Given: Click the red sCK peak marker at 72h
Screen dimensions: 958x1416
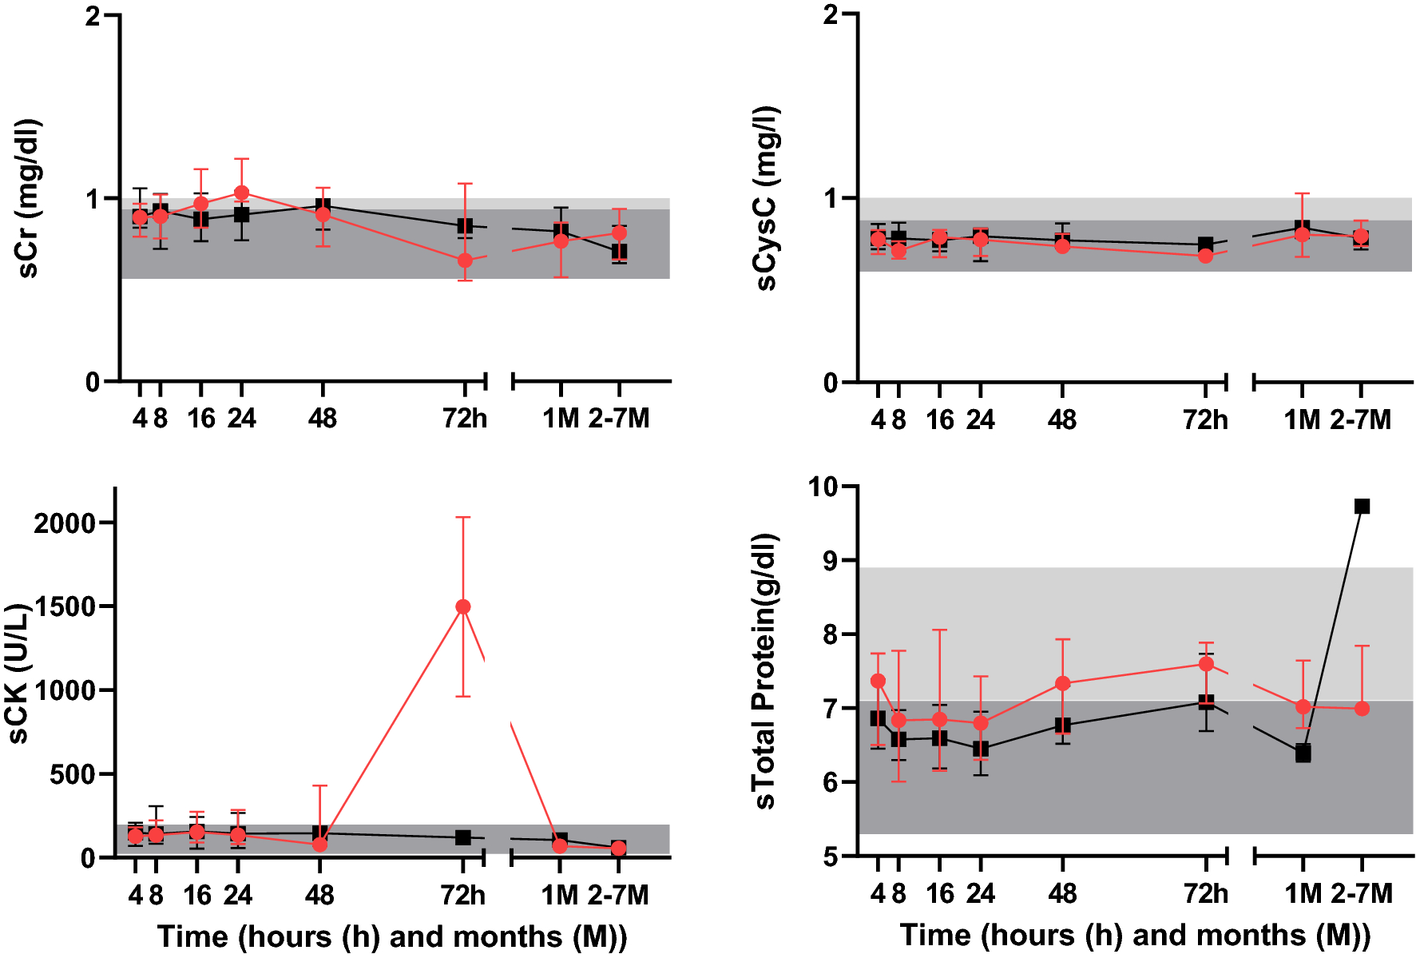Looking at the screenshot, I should (x=463, y=606).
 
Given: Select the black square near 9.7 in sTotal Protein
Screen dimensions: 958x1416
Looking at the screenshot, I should (x=1362, y=506).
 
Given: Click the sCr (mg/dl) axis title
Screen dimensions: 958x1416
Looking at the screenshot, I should (x=29, y=198).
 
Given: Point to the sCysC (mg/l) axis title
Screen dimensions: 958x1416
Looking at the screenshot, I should (x=767, y=198).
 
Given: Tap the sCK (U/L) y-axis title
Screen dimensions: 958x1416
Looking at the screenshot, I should (x=18, y=674).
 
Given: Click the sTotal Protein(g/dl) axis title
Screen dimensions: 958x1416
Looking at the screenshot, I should (x=765, y=671).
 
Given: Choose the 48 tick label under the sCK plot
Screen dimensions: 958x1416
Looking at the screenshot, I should (x=319, y=895).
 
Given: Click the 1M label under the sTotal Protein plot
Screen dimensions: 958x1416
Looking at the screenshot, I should (x=1303, y=893).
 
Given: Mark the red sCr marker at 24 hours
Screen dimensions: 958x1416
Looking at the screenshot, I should (x=241, y=193).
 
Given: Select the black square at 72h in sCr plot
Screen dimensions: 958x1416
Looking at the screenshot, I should (x=465, y=226).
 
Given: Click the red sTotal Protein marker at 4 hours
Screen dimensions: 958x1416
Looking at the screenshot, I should (x=878, y=681).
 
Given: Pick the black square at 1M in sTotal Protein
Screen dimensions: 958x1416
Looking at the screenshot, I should (x=1303, y=753).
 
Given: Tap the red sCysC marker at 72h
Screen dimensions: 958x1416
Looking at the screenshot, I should (x=1205, y=256).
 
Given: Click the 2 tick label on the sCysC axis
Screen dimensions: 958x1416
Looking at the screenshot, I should (x=831, y=15).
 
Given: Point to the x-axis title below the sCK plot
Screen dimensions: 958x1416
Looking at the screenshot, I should (x=392, y=936).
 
